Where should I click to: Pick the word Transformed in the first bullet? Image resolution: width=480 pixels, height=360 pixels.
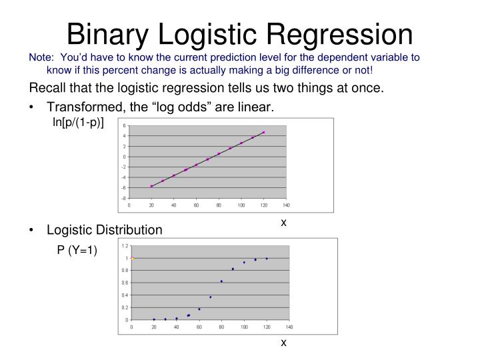coord(79,107)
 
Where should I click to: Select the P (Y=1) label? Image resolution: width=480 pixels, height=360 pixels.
coord(77,250)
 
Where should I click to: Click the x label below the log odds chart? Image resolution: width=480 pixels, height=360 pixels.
coord(283,222)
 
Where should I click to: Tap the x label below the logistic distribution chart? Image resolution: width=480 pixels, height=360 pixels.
coord(283,343)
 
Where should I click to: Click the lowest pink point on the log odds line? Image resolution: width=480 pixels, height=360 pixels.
coord(151,186)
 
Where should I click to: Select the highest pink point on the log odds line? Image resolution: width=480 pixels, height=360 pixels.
coord(263,132)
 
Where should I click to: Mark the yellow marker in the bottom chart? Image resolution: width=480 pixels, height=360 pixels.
coord(132,258)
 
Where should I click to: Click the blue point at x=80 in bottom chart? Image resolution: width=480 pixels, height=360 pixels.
coord(221,281)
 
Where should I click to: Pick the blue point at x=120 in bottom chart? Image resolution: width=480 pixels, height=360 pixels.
coord(267,259)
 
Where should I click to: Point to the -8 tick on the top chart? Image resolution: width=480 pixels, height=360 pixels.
coord(123,199)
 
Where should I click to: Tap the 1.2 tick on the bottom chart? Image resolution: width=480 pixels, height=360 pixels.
coord(124,246)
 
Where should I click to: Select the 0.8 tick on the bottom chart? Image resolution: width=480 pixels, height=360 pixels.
coord(124,271)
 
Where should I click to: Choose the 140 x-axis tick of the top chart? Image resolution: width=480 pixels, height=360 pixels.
coord(286,206)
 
